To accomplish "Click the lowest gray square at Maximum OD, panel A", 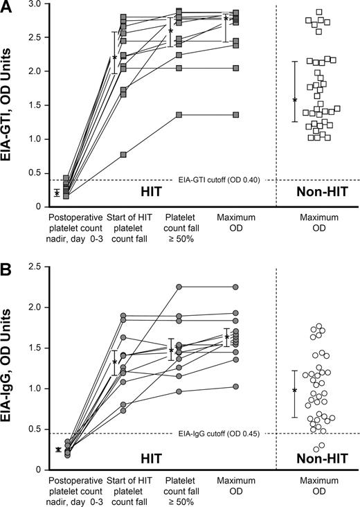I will pos(236,114).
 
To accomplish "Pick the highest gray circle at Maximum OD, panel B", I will pos(236,286).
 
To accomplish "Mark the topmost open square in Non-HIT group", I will pos(319,12).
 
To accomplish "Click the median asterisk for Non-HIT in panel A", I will pos(295,100).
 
